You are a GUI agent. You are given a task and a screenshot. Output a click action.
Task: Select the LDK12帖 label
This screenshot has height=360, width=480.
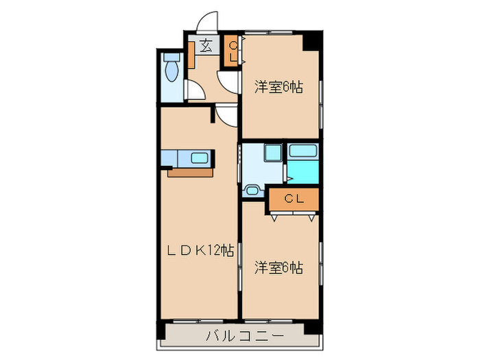[x=200, y=250]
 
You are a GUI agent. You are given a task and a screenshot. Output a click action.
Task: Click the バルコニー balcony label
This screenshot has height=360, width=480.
[x=235, y=336]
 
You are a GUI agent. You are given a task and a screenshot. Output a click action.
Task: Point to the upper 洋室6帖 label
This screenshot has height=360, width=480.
[x=279, y=87]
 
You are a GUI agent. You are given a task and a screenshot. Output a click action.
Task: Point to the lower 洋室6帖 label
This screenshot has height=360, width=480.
[x=279, y=267]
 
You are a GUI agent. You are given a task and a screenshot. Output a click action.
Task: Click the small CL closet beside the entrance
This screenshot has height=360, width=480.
[x=232, y=51]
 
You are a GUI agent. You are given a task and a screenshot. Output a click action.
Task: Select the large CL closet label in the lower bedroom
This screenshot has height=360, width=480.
[x=294, y=200]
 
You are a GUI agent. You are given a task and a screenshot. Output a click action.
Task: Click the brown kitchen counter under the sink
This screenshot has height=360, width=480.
[x=192, y=172]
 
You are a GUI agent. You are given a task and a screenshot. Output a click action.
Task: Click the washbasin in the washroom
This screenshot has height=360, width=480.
[x=252, y=191]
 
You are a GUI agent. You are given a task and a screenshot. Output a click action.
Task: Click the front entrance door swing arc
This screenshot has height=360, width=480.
[x=206, y=21]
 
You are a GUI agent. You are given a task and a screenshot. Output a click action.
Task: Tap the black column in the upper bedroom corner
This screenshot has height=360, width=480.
[x=313, y=40]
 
